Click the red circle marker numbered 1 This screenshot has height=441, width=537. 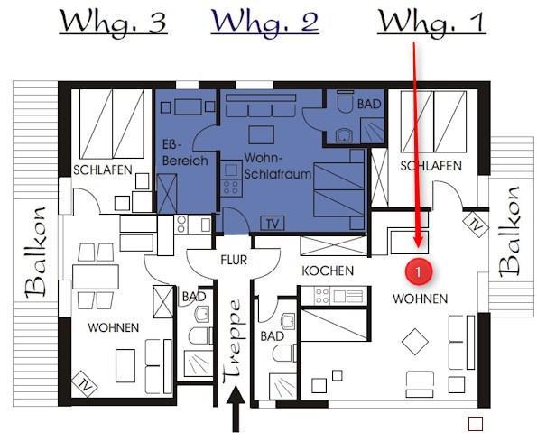418,272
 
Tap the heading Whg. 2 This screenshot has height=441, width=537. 264,23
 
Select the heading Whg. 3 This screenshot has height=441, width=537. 113,23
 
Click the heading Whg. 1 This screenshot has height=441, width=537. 431,23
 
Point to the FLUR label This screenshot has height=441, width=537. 234,260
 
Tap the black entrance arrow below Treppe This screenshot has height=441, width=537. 236,409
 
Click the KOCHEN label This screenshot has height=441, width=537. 328,271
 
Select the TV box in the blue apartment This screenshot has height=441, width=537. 273,224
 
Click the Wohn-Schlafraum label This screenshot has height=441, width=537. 277,166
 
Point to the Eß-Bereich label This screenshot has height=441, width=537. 185,153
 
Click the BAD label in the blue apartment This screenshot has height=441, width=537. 369,104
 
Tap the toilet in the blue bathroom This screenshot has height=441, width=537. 345,101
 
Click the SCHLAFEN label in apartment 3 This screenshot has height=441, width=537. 103,170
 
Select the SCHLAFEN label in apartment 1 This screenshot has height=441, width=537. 431,166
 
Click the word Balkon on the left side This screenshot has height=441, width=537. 36,253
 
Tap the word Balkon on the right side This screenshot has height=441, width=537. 509,232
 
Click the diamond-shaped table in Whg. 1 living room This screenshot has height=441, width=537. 415,342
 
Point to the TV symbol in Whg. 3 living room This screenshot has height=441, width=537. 85,384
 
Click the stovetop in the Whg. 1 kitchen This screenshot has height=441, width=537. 322,296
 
